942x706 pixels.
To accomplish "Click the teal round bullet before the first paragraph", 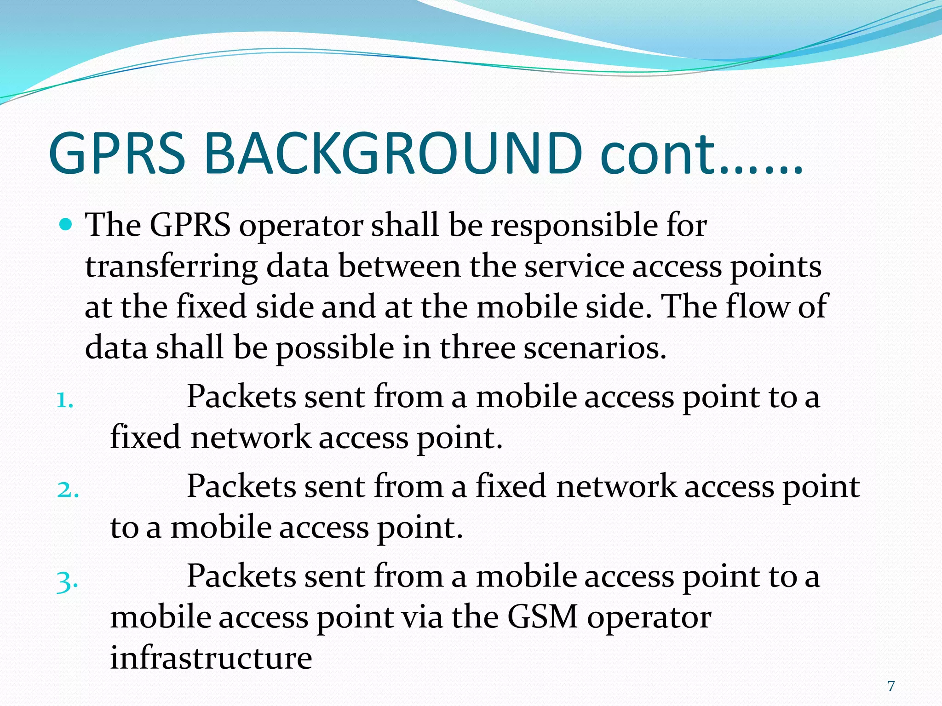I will pos(67,225).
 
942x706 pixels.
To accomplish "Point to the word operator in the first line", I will pos(301,227).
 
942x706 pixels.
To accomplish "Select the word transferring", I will pos(171,268).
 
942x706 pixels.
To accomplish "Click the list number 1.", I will pos(64,401).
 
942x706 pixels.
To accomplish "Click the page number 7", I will pos(891,686).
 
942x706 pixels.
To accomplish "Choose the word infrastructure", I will pos(211,658).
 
